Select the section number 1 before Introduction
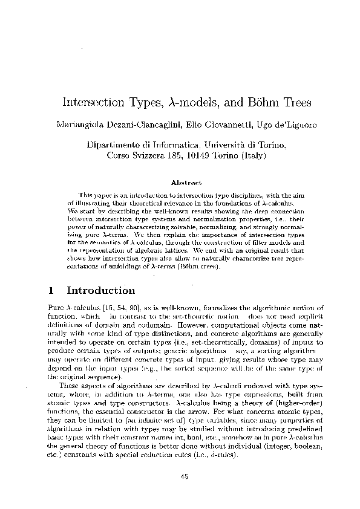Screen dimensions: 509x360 pyautogui.click(x=50, y=291)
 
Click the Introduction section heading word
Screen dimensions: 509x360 pyautogui.click(x=100, y=291)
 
